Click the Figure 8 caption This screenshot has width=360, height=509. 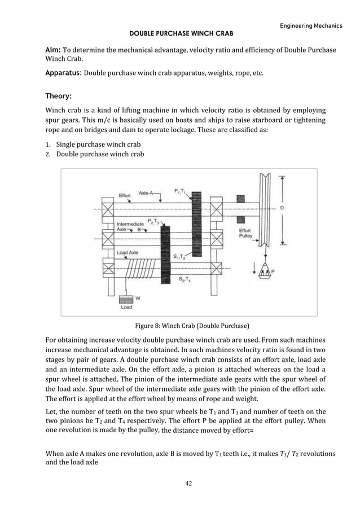pyautogui.click(x=192, y=326)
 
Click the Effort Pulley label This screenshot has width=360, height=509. pyautogui.click(x=245, y=234)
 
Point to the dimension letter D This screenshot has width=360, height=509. pyautogui.click(x=282, y=208)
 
